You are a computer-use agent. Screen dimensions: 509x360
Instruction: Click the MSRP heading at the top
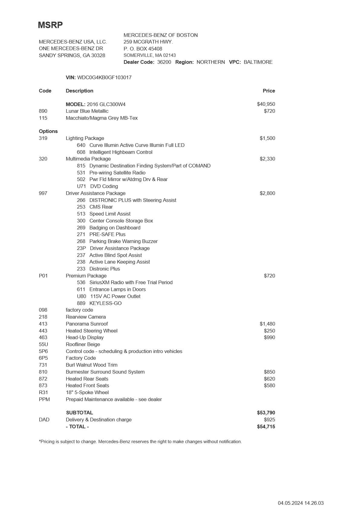pos(50,25)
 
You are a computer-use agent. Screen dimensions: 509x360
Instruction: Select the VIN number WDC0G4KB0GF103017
pos(104,77)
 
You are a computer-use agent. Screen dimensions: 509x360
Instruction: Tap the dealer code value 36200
pos(164,62)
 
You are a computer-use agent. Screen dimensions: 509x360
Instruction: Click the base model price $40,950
pos(266,104)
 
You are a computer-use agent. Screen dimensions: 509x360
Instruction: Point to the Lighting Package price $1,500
pos(267,138)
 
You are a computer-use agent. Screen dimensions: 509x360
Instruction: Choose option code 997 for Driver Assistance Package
pos(43,193)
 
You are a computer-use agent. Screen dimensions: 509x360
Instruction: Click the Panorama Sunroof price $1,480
pos(267,324)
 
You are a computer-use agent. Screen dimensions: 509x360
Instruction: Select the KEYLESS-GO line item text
pos(105,303)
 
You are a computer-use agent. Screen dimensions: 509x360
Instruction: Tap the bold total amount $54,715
pos(266,426)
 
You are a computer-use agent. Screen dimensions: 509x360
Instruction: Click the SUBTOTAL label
pos(79,413)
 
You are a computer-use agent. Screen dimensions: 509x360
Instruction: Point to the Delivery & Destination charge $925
pos(269,420)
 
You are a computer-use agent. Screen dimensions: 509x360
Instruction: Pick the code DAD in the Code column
pos(44,420)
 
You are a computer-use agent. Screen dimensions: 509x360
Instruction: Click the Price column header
pos(269,91)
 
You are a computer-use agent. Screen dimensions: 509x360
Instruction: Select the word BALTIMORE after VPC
pos(258,62)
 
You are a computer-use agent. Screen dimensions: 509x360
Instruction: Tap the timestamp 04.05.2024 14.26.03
pos(300,503)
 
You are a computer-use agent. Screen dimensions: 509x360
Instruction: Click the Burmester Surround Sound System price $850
pos(269,372)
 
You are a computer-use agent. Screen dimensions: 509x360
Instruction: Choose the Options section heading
pos(48,131)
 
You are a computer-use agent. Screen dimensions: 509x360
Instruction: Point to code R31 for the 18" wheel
pos(44,392)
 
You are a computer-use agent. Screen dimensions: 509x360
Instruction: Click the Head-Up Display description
pos(85,337)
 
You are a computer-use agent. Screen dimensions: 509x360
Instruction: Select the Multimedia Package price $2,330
pos(267,159)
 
